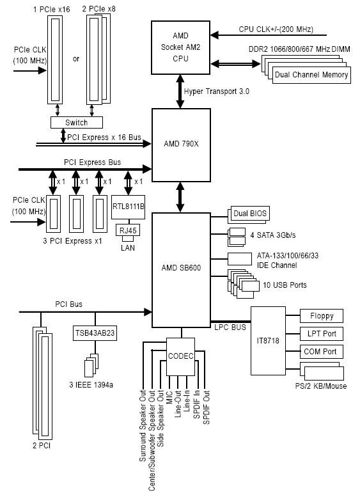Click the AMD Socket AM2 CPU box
(x=180, y=48)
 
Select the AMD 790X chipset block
(x=181, y=145)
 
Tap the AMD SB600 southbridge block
(x=181, y=271)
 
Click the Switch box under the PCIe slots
(x=77, y=123)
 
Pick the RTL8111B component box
(x=128, y=207)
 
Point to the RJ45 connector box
(x=128, y=230)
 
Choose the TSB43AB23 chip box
(x=95, y=333)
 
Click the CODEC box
(x=180, y=357)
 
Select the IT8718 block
(x=268, y=341)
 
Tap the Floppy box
(x=322, y=316)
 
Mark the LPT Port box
(x=322, y=334)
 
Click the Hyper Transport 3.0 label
(x=216, y=91)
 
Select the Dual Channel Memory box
(x=311, y=75)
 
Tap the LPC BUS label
(x=230, y=327)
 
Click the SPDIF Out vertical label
(x=207, y=407)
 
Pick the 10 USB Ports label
(x=285, y=285)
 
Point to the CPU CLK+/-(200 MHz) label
(x=276, y=29)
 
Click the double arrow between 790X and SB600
(x=180, y=198)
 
